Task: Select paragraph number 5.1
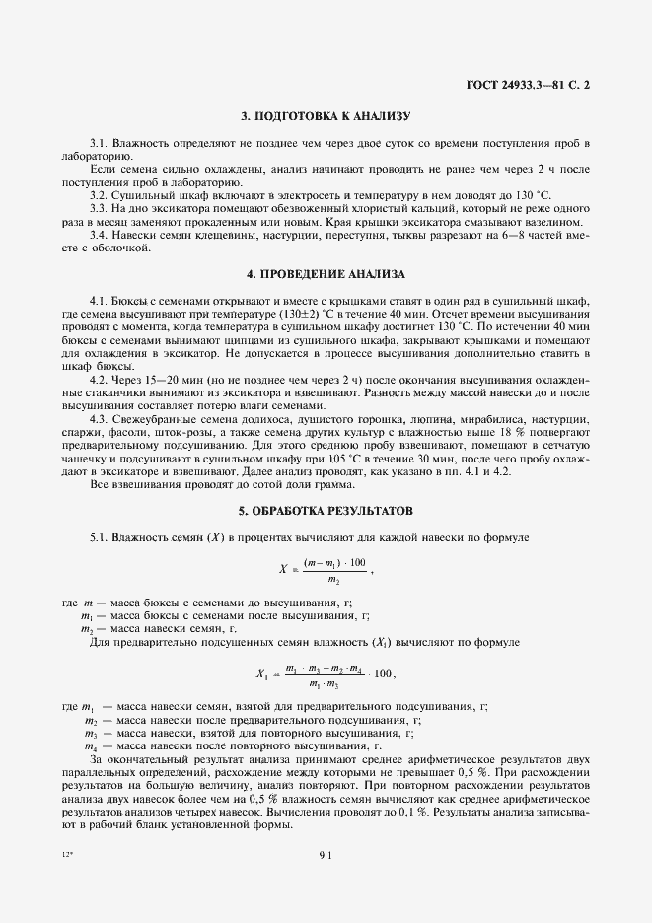[100, 537]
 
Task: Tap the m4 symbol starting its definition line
[89, 746]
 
